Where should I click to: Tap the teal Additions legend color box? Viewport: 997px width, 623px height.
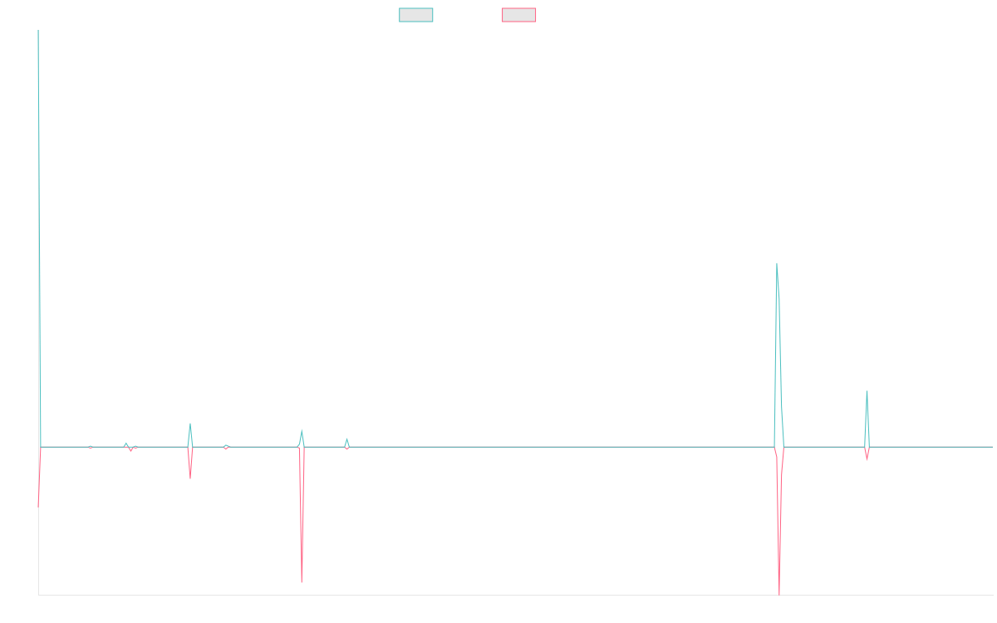pos(416,15)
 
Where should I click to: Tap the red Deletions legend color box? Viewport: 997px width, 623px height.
pos(519,15)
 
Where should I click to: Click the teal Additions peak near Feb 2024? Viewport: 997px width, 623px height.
pos(777,264)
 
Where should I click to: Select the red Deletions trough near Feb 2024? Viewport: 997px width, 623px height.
pos(779,592)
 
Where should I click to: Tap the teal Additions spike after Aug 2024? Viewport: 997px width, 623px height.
pos(867,391)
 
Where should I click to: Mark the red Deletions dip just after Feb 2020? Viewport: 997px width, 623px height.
pos(302,581)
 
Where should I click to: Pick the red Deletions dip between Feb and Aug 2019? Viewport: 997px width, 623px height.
pos(190,478)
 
